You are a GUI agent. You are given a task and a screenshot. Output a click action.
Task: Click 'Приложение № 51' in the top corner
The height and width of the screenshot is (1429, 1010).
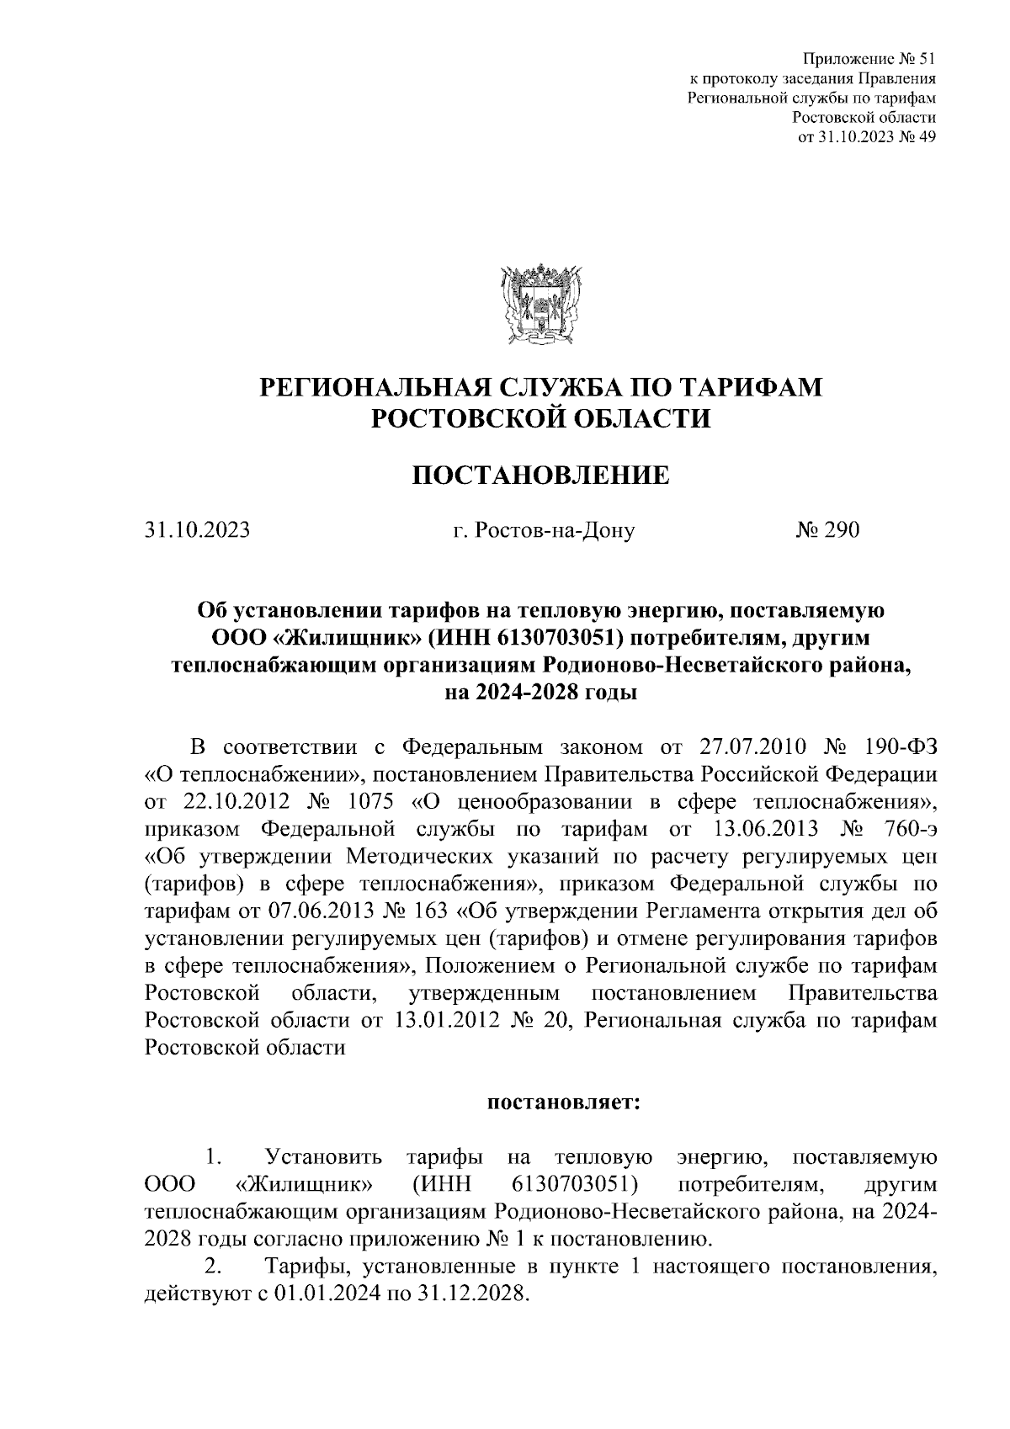click(869, 60)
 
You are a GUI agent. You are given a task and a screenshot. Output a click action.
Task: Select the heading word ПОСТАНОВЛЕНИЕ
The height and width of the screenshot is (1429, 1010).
click(541, 475)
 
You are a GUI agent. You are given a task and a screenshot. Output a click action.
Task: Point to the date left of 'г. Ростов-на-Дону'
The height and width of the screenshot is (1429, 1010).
click(197, 530)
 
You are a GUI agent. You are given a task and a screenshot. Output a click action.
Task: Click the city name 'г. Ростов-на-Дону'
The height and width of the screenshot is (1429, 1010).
click(543, 530)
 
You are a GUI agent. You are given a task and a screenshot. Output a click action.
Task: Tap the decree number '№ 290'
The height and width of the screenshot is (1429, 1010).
click(827, 530)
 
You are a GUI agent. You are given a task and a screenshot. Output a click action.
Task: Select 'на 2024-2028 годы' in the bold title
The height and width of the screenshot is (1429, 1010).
click(541, 693)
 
